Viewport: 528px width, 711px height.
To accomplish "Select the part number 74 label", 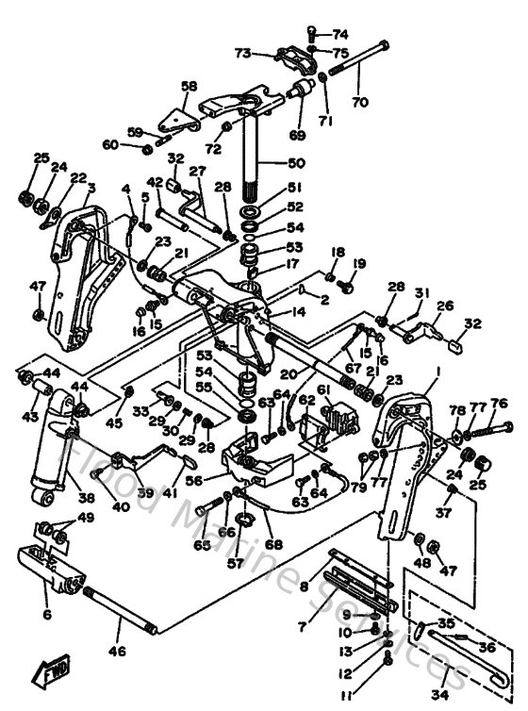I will tap(339, 34).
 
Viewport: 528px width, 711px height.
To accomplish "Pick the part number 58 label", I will tap(190, 87).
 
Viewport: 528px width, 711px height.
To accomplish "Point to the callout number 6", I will tap(45, 614).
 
